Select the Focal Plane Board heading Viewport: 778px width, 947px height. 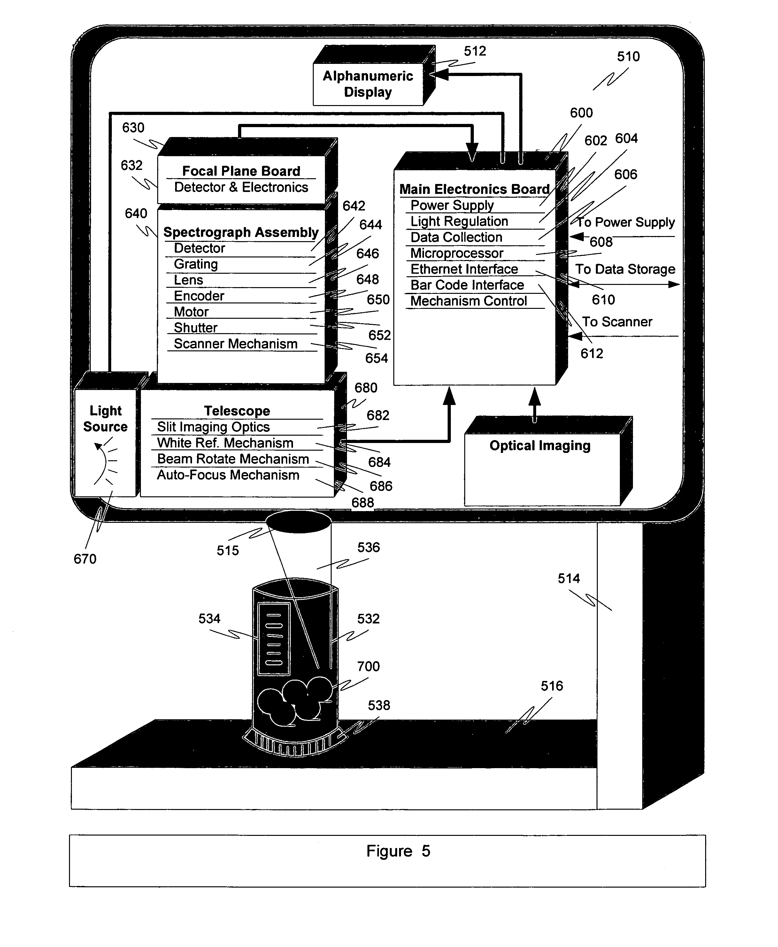click(x=241, y=171)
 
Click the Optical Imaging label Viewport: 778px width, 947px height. click(x=540, y=446)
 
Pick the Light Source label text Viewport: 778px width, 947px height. click(x=105, y=418)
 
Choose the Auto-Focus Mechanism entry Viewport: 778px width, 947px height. click(x=228, y=475)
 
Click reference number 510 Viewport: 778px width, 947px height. click(x=628, y=57)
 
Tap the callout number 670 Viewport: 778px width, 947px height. click(x=85, y=559)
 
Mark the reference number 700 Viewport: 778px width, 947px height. click(x=368, y=666)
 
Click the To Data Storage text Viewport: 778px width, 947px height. click(x=625, y=269)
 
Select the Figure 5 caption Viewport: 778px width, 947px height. click(x=398, y=851)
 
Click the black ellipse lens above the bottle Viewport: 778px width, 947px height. click(x=298, y=522)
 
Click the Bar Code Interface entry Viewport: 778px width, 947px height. click(x=467, y=285)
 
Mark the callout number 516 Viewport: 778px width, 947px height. click(x=552, y=686)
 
